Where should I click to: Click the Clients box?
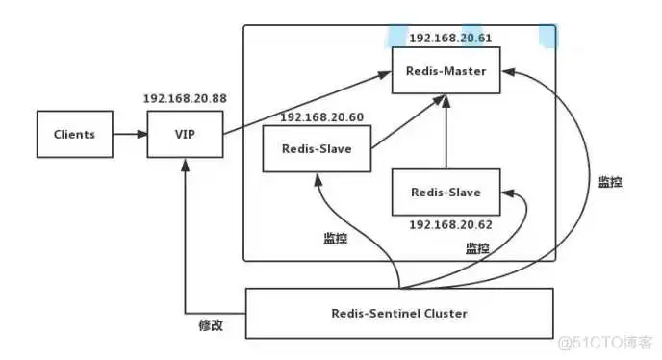click(x=74, y=135)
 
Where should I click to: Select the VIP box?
click(x=184, y=135)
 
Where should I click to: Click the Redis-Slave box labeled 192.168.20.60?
click(x=317, y=148)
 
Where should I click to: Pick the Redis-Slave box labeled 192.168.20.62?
click(x=446, y=193)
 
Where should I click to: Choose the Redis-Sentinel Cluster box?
click(x=399, y=313)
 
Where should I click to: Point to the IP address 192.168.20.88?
click(x=184, y=99)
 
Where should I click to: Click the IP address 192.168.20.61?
click(x=449, y=38)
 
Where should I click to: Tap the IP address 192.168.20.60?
click(x=320, y=116)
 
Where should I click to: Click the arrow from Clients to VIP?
click(x=129, y=135)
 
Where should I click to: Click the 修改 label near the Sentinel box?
click(x=210, y=325)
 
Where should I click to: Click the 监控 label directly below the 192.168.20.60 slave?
click(x=336, y=239)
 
